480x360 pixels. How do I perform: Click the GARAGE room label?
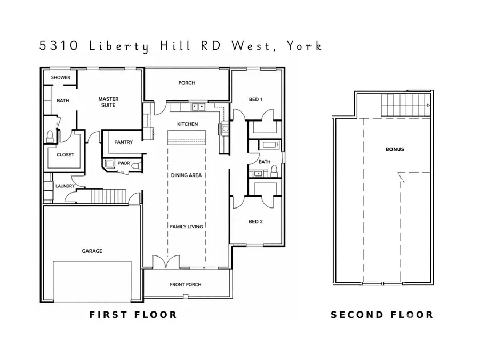click(92, 251)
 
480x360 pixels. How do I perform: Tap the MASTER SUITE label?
click(108, 102)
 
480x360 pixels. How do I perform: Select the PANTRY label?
click(124, 142)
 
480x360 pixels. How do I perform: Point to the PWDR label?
click(124, 163)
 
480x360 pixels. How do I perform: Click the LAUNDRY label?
click(65, 186)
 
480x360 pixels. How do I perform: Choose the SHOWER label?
click(60, 78)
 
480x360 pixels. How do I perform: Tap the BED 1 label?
click(256, 100)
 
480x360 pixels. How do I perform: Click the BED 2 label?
click(256, 221)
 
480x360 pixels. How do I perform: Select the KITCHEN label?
click(187, 124)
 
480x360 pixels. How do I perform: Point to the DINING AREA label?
click(186, 175)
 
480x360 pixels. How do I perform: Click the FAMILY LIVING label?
click(186, 227)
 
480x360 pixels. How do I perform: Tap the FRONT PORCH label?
click(185, 285)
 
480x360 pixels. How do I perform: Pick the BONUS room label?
click(395, 149)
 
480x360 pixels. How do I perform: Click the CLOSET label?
click(65, 155)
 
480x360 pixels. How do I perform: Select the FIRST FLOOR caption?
click(133, 315)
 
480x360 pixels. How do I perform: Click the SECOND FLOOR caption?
click(382, 315)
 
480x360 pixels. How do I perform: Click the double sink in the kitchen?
click(199, 107)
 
